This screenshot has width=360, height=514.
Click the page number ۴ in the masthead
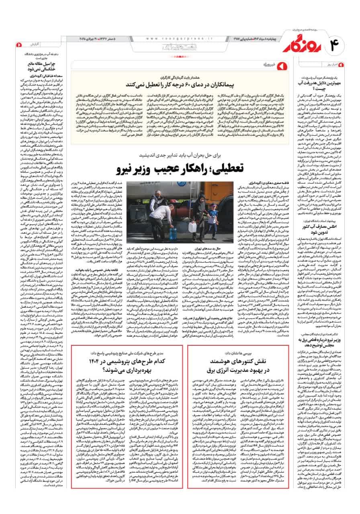(x=338, y=44)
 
